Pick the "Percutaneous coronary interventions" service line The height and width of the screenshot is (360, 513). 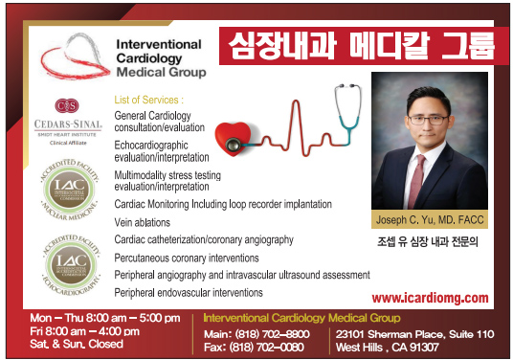click(186, 258)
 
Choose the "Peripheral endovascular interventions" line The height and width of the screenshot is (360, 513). click(188, 291)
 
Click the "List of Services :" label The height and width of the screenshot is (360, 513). click(148, 100)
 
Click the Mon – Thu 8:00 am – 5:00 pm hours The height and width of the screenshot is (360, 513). click(105, 317)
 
